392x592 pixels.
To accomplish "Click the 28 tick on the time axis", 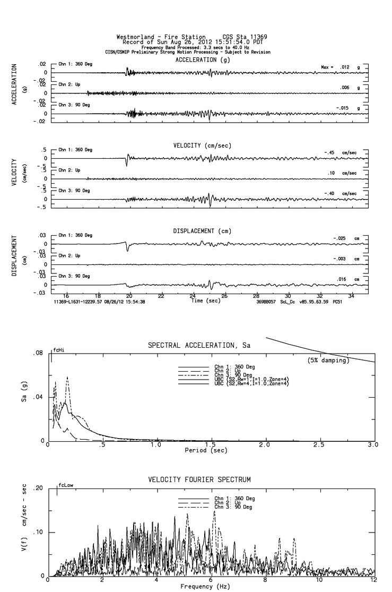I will pyautogui.click(x=256, y=295).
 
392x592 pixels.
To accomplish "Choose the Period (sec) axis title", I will pyautogui.click(x=206, y=450).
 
